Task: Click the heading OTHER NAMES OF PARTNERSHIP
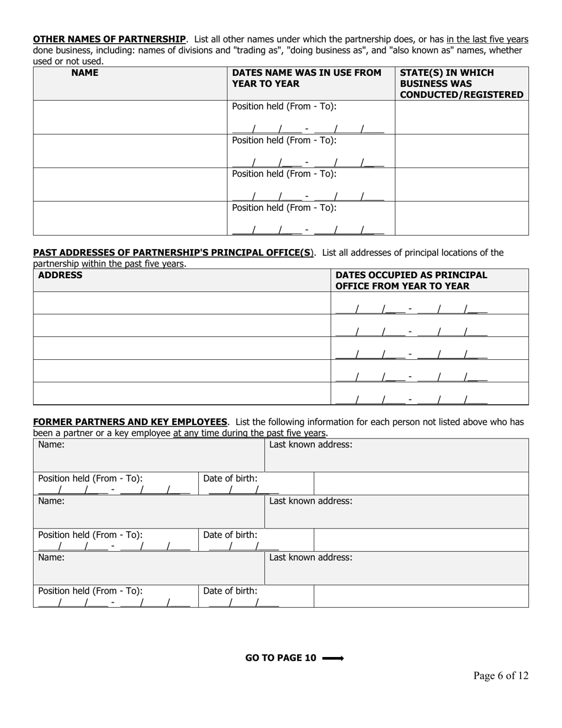point(109,39)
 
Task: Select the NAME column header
point(85,73)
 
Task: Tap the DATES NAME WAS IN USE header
point(306,78)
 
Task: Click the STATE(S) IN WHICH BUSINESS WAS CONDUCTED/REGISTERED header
point(461,83)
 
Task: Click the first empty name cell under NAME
point(130,117)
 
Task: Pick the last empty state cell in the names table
point(461,218)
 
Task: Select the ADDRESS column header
point(60,275)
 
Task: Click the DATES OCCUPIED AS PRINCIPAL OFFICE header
point(411,281)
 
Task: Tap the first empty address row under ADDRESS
point(182,303)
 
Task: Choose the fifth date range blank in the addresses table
point(411,399)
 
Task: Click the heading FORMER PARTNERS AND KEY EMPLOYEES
point(130,422)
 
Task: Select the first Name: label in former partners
point(51,444)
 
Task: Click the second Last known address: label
point(311,501)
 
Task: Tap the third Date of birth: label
point(230,591)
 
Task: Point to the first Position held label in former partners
point(91,478)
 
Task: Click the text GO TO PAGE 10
point(280,658)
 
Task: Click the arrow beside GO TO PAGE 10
point(333,658)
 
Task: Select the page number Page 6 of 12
point(500,676)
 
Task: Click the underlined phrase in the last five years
point(487,39)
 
